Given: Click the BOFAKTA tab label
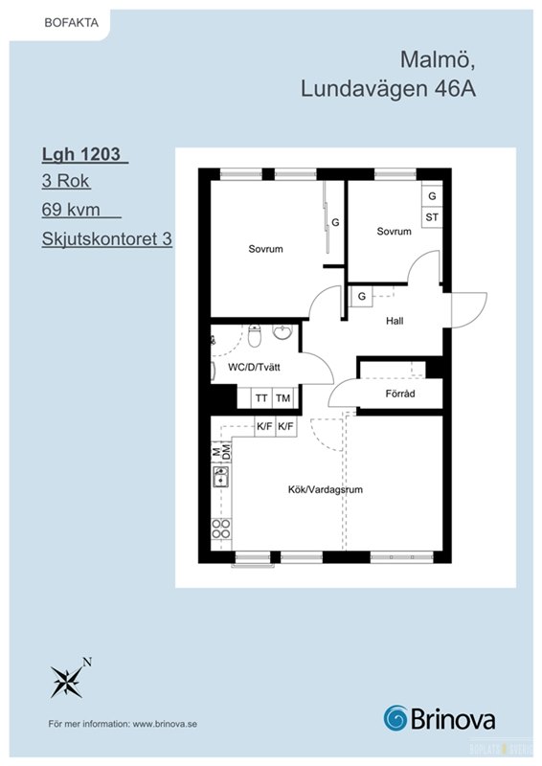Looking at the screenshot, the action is pos(72,23).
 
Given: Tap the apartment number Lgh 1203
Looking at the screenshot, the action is pos(81,154).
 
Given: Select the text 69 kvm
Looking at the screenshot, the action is pos(71,210).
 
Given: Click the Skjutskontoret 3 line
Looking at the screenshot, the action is pos(107,238).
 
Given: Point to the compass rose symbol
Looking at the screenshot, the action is pos(66,681).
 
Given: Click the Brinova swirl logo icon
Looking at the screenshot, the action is pos(395,718).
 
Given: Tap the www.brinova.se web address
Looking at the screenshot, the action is pos(165,724).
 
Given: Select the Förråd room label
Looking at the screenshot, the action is pos(400,394).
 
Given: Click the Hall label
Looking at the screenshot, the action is pos(395,321).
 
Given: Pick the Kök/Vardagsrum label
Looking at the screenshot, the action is pos(326,489).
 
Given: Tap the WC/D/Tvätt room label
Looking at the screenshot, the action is pos(254,367).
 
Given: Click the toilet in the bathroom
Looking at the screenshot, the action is pos(255,336).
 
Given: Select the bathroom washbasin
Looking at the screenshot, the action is pos(282,332).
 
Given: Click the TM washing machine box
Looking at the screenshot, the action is pos(283,398).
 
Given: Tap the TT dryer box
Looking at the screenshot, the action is pos(261,398).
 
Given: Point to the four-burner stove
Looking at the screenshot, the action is pos(221,529).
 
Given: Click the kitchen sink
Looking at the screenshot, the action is pos(221,477).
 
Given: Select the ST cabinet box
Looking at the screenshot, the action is pos(432,217).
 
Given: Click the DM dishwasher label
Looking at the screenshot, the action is pos(226,451).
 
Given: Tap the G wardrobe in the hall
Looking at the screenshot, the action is pos(362,296).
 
